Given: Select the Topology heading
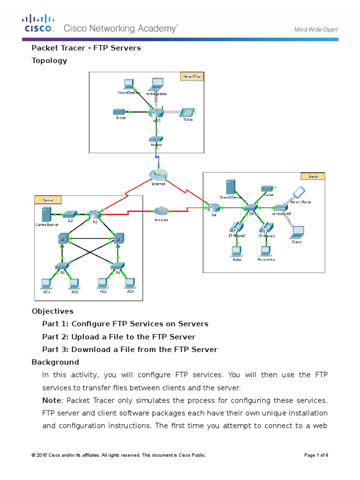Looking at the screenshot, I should [49, 60].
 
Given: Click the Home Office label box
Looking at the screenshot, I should [192, 76].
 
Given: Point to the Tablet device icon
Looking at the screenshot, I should [187, 112].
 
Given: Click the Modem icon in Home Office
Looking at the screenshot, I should [156, 139].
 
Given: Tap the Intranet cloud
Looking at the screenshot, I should [160, 211].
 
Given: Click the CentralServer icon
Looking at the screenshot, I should [46, 214].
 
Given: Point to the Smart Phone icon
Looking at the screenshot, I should [299, 192].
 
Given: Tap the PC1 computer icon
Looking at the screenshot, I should [46, 283].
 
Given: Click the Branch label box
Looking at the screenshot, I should [313, 176].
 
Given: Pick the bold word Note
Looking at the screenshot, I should [52, 400].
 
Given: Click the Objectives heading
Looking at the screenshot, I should [52, 311].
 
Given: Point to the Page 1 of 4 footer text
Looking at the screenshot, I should [316, 455].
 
